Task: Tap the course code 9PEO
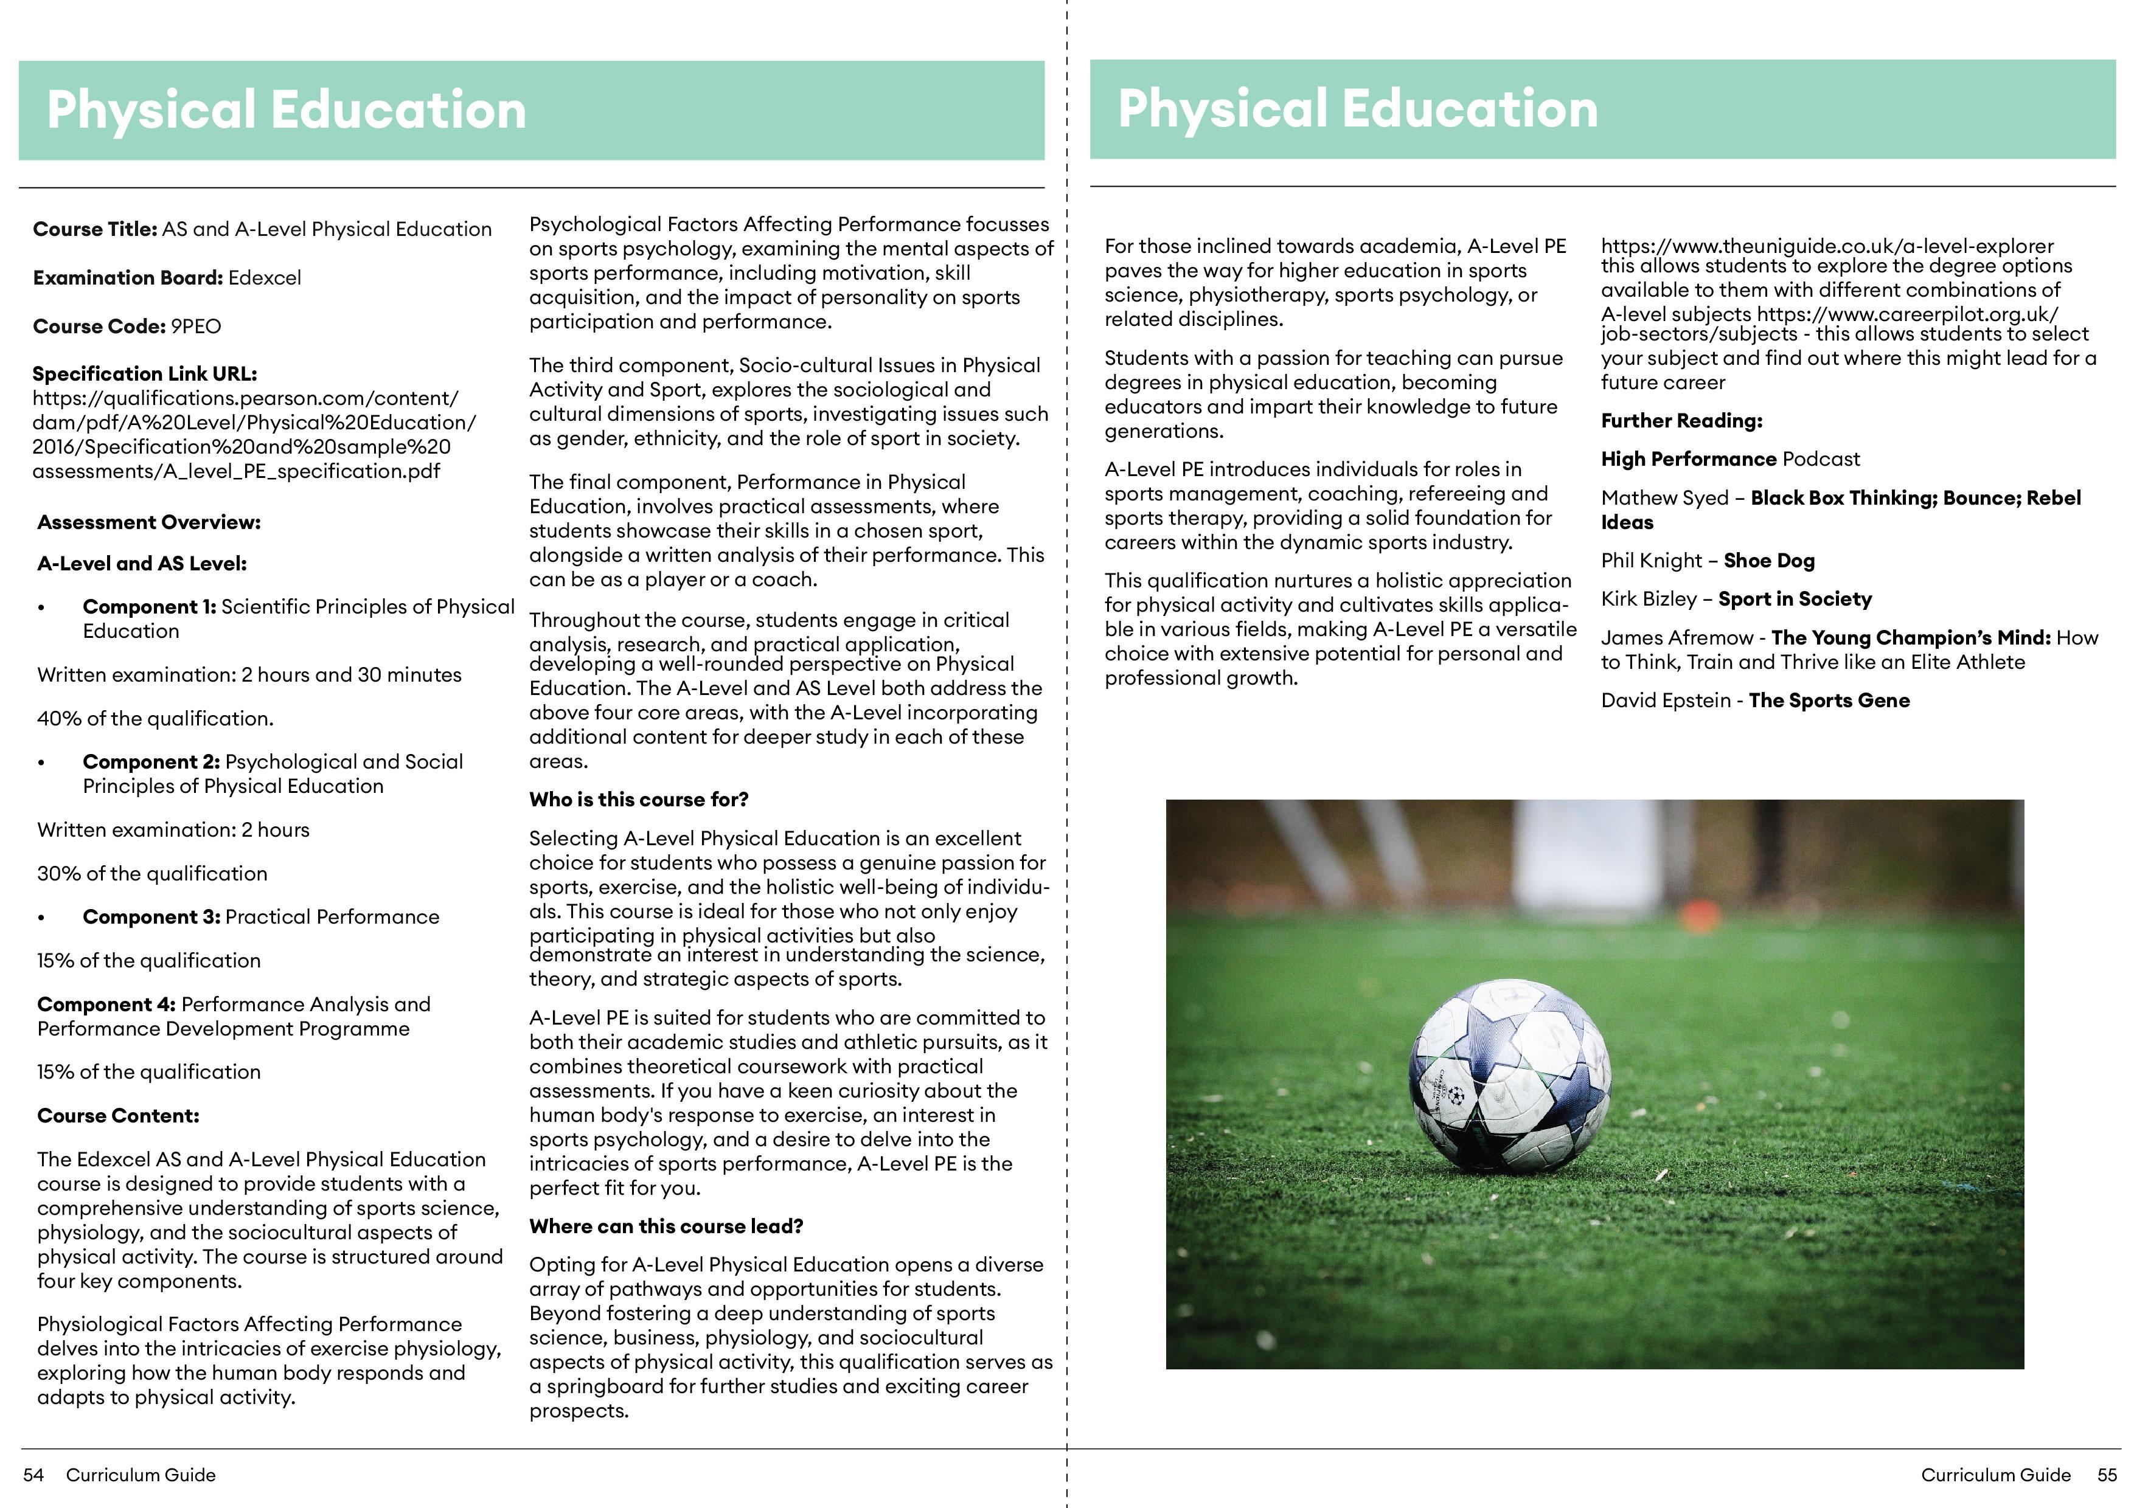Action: click(195, 326)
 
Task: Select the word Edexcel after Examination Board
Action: click(265, 278)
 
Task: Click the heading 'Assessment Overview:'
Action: click(148, 522)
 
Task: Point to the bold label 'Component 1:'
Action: click(148, 607)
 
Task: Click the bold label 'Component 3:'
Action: click(151, 917)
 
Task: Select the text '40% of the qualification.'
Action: click(155, 718)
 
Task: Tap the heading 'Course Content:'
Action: click(118, 1116)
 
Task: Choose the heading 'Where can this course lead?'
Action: click(666, 1226)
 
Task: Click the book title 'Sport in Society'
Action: click(1795, 600)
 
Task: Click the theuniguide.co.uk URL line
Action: click(1826, 246)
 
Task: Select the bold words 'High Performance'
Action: click(1689, 459)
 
